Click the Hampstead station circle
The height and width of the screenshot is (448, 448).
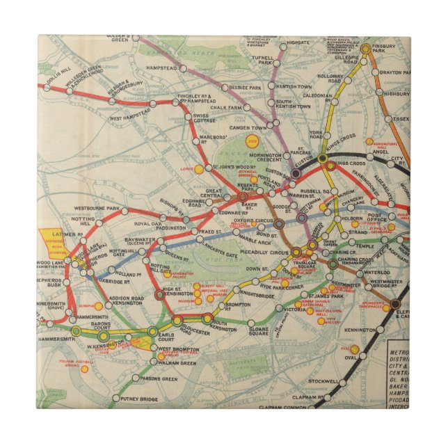182,69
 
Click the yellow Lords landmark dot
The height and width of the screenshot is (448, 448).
198,168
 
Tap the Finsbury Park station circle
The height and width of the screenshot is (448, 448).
365,49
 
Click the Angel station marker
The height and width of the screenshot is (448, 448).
369,157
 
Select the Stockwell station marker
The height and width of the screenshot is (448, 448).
343,382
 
